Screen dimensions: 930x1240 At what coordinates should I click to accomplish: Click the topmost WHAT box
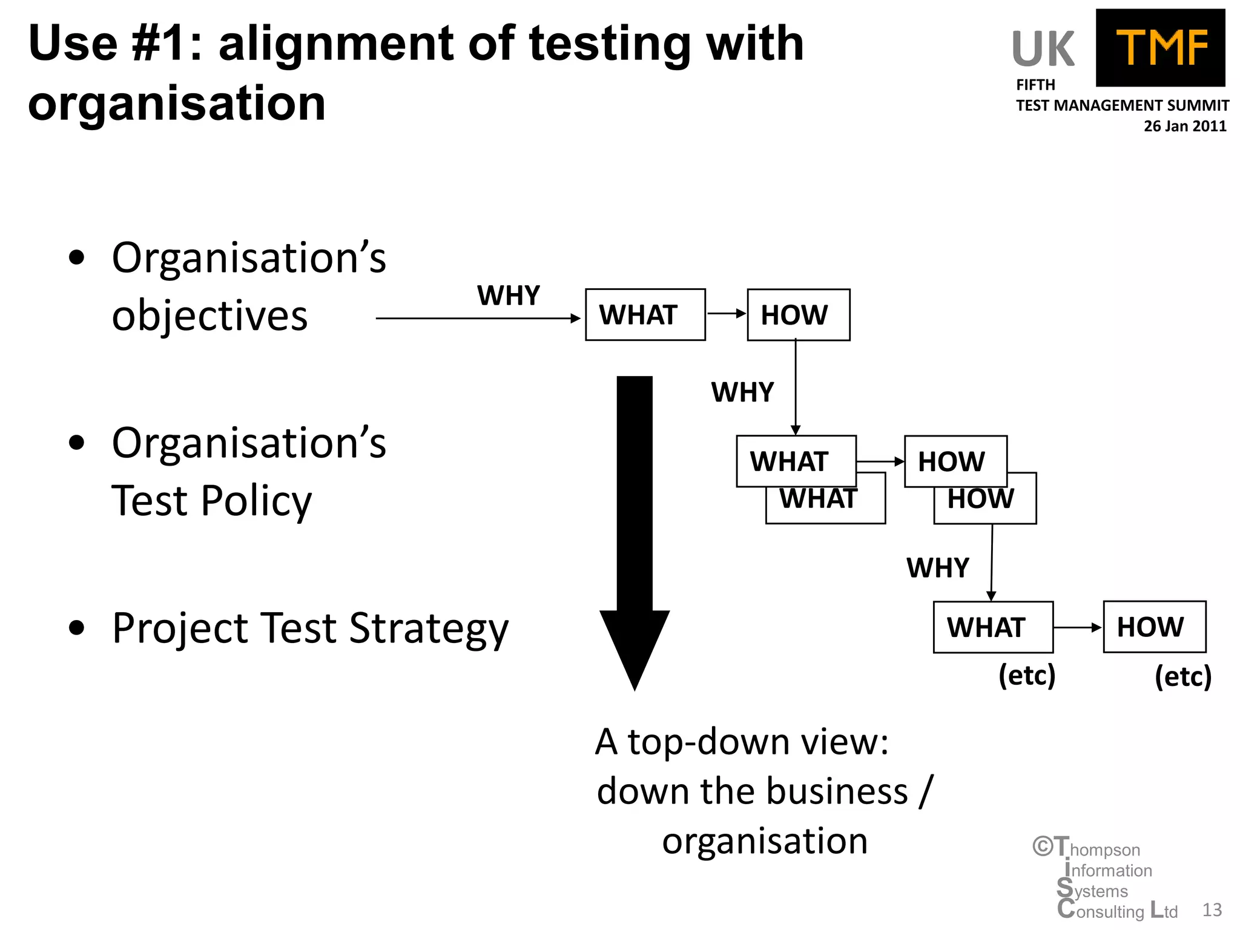coord(645,315)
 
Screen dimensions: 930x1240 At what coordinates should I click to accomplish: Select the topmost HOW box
coord(798,315)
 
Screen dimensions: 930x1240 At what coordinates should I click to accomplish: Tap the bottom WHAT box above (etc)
coord(993,627)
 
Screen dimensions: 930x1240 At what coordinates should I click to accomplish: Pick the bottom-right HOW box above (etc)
coord(1154,627)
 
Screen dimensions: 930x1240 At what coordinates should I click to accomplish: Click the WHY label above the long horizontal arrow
coord(508,296)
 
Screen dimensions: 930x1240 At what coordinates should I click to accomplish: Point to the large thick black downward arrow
coord(635,533)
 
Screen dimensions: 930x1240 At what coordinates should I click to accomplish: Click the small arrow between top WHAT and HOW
coord(726,314)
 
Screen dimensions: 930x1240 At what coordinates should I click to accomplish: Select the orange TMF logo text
coord(1161,48)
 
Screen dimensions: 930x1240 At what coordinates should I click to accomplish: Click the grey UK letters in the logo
coord(1043,50)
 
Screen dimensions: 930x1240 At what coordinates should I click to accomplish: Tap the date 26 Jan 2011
coord(1184,126)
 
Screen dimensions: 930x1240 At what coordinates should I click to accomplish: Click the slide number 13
coord(1212,909)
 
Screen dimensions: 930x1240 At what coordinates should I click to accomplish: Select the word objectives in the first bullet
coord(209,316)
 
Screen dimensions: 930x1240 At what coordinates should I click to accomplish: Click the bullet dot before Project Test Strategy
coord(77,628)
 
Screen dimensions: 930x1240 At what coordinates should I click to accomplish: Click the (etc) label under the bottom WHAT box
coord(1026,675)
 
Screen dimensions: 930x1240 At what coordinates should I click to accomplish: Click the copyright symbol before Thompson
coord(1043,846)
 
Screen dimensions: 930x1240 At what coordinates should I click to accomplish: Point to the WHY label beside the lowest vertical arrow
coord(937,568)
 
